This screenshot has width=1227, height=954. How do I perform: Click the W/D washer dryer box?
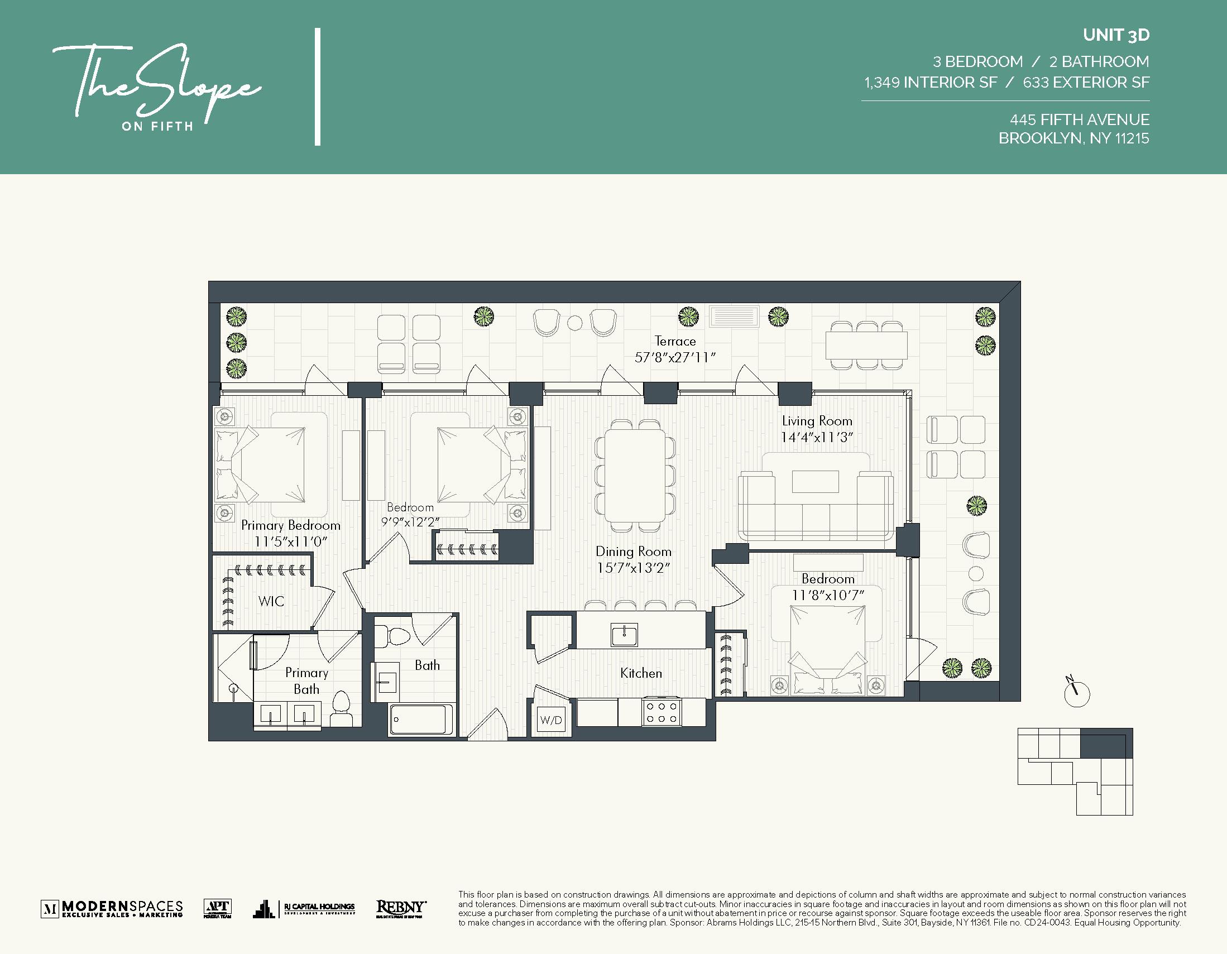click(550, 720)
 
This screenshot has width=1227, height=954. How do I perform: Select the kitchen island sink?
click(624, 635)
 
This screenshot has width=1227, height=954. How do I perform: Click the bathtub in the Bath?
click(421, 718)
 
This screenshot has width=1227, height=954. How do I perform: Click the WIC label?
click(271, 601)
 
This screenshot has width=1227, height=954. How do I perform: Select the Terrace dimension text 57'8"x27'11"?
click(675, 357)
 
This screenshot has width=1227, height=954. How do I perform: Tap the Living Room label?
click(817, 421)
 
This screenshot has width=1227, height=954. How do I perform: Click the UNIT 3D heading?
click(1116, 35)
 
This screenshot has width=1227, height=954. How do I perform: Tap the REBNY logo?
click(401, 908)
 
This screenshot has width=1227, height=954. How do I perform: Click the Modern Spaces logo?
click(112, 908)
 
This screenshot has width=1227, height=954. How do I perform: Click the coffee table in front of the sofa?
click(815, 482)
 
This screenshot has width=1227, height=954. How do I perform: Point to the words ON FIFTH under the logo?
click(157, 126)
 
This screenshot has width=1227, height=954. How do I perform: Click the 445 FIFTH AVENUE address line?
click(1079, 119)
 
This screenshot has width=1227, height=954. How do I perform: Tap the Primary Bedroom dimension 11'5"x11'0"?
click(290, 541)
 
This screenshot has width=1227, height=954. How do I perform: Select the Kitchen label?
click(640, 673)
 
